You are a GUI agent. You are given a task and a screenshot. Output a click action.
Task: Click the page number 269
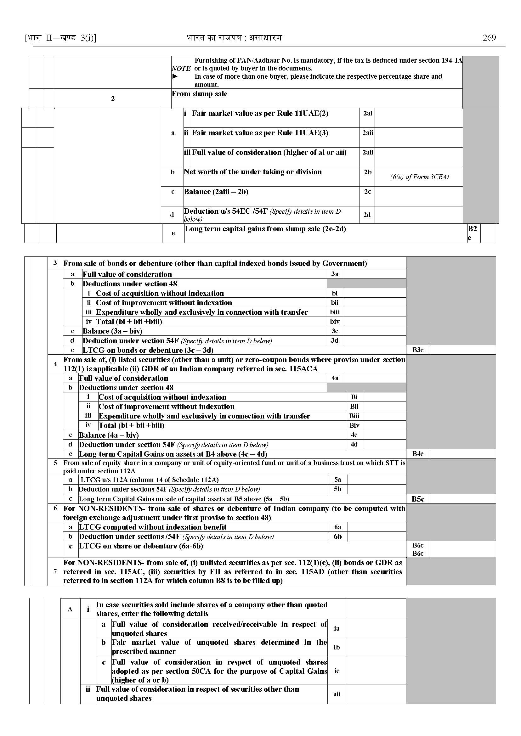point(489,38)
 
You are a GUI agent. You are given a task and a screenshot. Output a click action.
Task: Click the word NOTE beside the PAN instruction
point(181,68)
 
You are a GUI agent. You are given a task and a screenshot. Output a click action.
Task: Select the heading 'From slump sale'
point(200,94)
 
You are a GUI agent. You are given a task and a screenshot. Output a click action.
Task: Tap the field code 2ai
point(367,113)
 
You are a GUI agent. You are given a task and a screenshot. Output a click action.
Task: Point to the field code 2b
point(367,172)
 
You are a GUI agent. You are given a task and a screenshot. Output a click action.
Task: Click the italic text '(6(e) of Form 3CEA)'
point(419,177)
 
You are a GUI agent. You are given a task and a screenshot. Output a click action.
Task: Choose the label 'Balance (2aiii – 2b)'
point(216,192)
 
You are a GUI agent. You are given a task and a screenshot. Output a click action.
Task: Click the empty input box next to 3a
point(374,274)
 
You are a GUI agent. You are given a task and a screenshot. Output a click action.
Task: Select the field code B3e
point(418,350)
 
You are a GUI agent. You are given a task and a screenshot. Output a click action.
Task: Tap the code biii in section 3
point(335,312)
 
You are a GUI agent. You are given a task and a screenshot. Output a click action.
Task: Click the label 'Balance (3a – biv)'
point(112,331)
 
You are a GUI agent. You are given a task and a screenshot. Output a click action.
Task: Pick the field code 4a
point(335,378)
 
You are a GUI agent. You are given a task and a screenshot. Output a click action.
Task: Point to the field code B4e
point(418,454)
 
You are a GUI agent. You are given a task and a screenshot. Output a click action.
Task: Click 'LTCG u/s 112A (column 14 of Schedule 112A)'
point(150,480)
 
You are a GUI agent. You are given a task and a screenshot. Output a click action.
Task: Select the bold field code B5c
point(418,499)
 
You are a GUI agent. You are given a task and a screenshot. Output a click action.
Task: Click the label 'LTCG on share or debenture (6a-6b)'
point(141,546)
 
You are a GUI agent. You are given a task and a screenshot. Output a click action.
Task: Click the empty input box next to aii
point(376,694)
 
